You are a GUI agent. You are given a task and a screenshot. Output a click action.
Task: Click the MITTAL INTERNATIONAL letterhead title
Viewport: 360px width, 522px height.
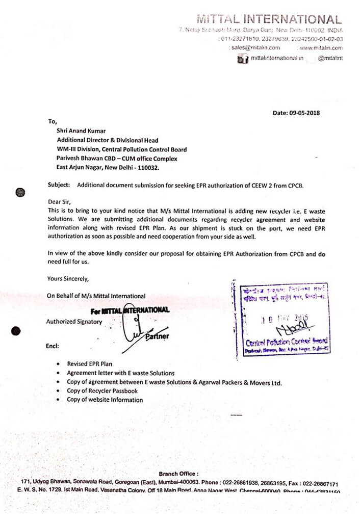coord(269,20)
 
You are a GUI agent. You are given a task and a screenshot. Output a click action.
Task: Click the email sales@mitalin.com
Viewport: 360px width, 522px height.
coord(255,48)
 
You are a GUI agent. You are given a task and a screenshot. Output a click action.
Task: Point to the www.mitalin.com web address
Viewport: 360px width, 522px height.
coord(321,48)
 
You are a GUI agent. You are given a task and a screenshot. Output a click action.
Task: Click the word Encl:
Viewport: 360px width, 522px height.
coord(53,346)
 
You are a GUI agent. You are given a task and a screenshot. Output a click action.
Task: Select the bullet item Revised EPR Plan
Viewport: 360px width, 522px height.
coord(89,364)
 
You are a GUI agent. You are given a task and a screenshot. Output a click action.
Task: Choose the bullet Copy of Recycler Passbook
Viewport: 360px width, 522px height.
coord(102,391)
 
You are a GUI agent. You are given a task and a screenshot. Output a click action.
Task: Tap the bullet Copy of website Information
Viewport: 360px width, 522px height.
coord(105,400)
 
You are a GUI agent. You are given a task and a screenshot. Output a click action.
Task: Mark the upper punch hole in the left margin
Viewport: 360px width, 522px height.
coord(20,192)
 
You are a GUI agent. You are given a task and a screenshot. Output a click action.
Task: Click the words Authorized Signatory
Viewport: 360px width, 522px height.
coord(74,322)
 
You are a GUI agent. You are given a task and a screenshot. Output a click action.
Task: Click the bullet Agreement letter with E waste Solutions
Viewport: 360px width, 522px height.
coord(120,373)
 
